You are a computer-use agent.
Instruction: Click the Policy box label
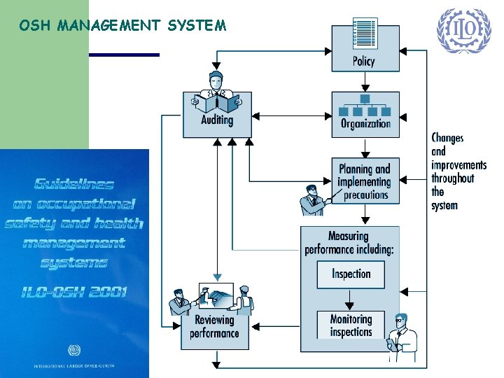(364, 61)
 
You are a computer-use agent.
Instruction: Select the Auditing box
(216, 120)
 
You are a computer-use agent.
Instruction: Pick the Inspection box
(351, 274)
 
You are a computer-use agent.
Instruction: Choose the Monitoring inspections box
(351, 325)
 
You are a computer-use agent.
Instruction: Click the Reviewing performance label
(214, 327)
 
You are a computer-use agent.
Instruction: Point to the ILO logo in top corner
(463, 31)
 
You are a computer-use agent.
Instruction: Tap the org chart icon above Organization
(365, 105)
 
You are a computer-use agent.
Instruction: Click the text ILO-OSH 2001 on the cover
(76, 290)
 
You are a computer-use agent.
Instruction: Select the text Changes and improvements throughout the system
(457, 171)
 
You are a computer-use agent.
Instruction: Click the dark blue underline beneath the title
(125, 55)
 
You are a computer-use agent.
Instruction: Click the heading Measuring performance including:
(349, 242)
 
